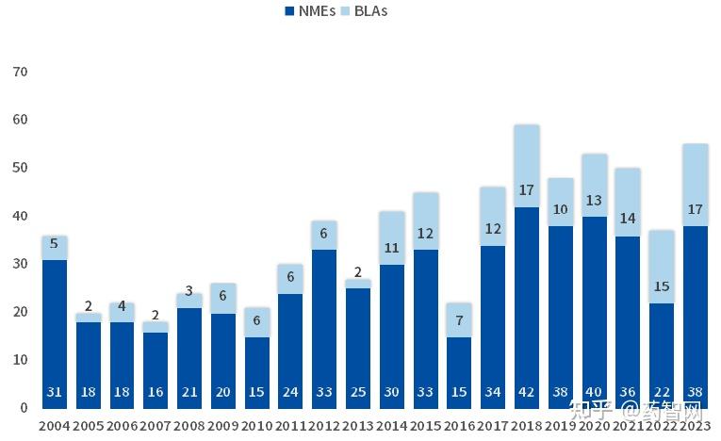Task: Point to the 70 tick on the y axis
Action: click(x=20, y=72)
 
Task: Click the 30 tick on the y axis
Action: click(x=20, y=264)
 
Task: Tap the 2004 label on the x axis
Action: click(x=55, y=427)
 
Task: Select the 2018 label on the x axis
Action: click(x=527, y=427)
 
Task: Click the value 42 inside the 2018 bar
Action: click(x=527, y=392)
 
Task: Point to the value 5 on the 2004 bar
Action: click(x=55, y=242)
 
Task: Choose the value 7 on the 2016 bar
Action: click(x=459, y=321)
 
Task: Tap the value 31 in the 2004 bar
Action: click(x=55, y=392)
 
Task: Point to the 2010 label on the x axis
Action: click(x=256, y=427)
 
